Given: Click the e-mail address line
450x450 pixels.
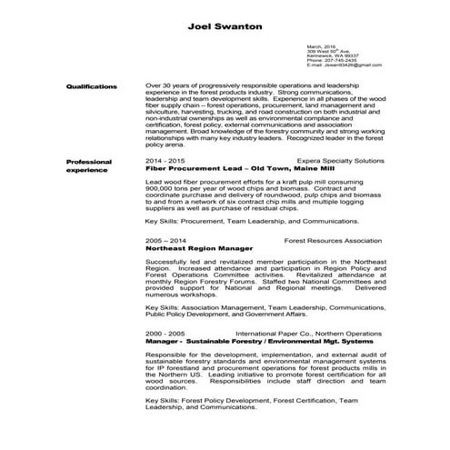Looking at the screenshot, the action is coord(344,65).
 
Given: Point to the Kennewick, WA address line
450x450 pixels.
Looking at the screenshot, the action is coord(333,55).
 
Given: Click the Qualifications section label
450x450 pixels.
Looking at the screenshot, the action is coord(91,85).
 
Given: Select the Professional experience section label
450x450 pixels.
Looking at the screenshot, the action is coord(89,165).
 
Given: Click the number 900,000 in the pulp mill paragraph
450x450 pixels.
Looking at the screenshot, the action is coord(160,188).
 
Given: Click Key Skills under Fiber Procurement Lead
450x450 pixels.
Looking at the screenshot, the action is coord(162,220).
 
